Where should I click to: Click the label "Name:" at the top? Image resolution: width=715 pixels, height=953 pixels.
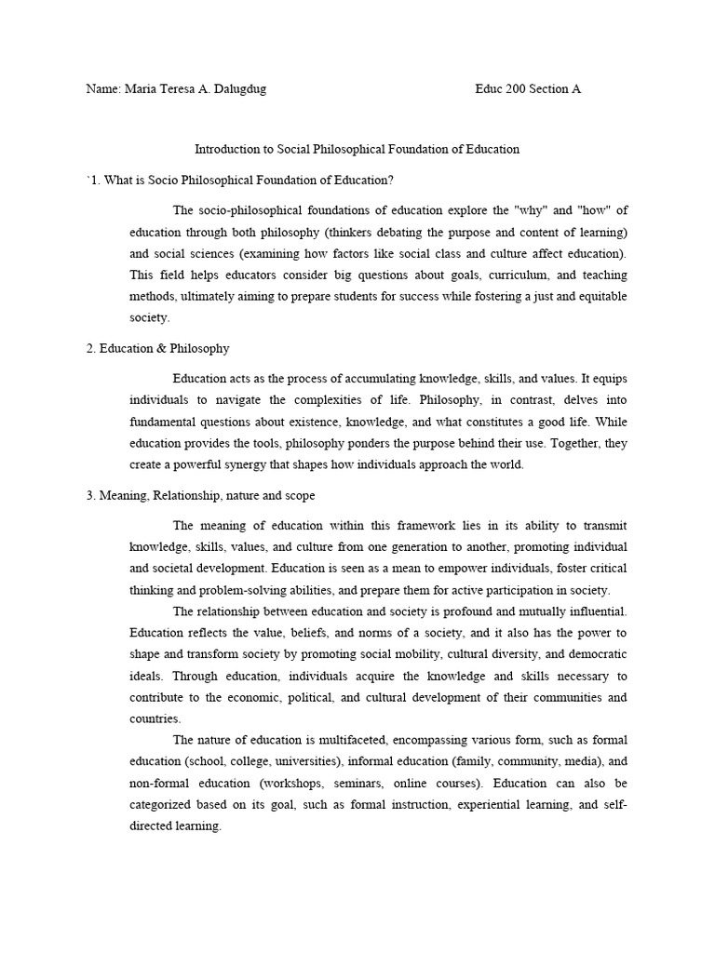coord(102,89)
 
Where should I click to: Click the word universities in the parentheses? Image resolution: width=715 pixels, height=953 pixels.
coord(298,761)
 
